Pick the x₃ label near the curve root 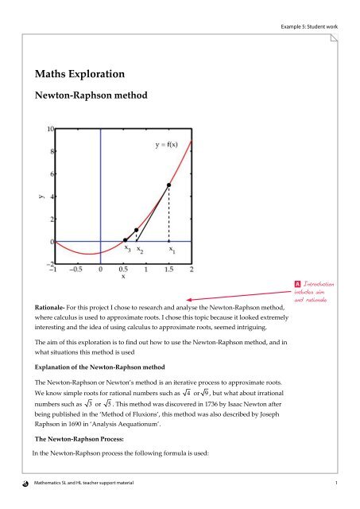point(127,249)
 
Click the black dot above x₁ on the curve point(168,185)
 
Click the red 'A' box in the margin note point(297,284)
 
